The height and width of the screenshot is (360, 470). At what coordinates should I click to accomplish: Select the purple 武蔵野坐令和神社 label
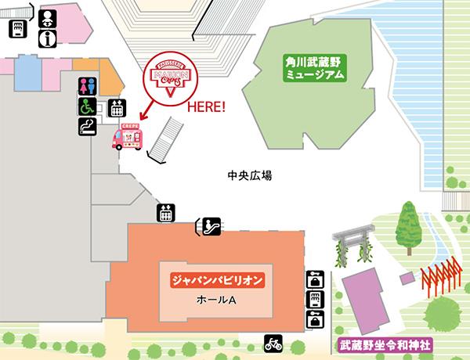coord(379,344)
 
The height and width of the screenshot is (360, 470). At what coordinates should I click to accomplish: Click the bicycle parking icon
coord(273,343)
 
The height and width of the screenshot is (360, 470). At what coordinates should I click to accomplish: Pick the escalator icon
coord(208,227)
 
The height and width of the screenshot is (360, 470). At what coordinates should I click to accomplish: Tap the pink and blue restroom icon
coord(86,85)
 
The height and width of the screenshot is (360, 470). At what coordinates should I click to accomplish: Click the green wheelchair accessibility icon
coord(85,106)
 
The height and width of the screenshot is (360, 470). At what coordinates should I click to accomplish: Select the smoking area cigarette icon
coord(86,127)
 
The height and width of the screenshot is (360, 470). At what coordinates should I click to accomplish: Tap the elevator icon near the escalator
coord(165,211)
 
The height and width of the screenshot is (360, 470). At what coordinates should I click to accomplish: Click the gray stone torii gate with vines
coord(353,242)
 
